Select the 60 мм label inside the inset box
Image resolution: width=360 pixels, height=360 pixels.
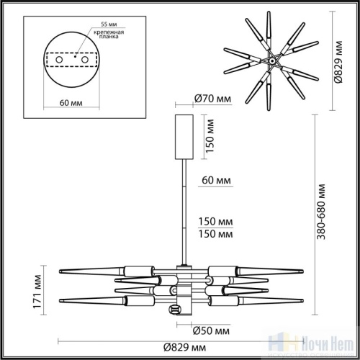[71, 103]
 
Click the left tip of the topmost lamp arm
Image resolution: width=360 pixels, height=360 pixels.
[59, 270]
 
